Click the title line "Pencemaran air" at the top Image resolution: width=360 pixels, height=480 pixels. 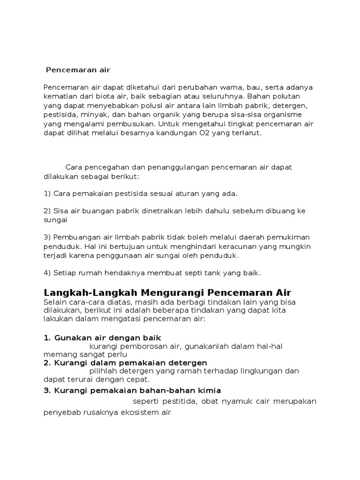(78, 70)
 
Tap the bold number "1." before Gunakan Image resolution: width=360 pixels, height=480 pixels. (47, 338)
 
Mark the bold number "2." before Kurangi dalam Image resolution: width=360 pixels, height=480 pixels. (47, 363)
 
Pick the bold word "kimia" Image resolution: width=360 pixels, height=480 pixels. (209, 390)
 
